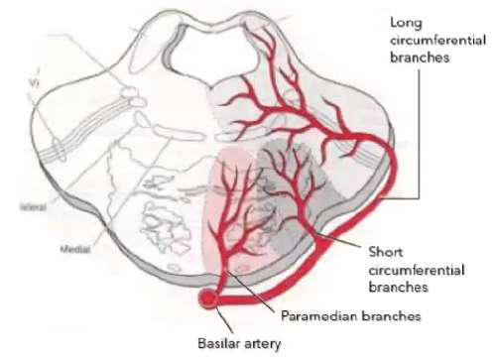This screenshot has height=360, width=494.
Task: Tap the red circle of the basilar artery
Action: pos(209,298)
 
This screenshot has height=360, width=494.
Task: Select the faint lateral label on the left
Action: pos(33,208)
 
